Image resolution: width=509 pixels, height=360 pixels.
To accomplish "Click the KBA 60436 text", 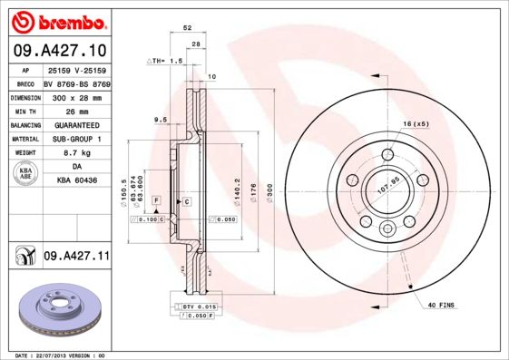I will (75, 181).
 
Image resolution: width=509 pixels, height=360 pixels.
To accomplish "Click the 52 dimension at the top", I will (188, 28).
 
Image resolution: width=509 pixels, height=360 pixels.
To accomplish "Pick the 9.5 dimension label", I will (159, 120).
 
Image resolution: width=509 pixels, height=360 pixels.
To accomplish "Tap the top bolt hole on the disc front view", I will (387, 154).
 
